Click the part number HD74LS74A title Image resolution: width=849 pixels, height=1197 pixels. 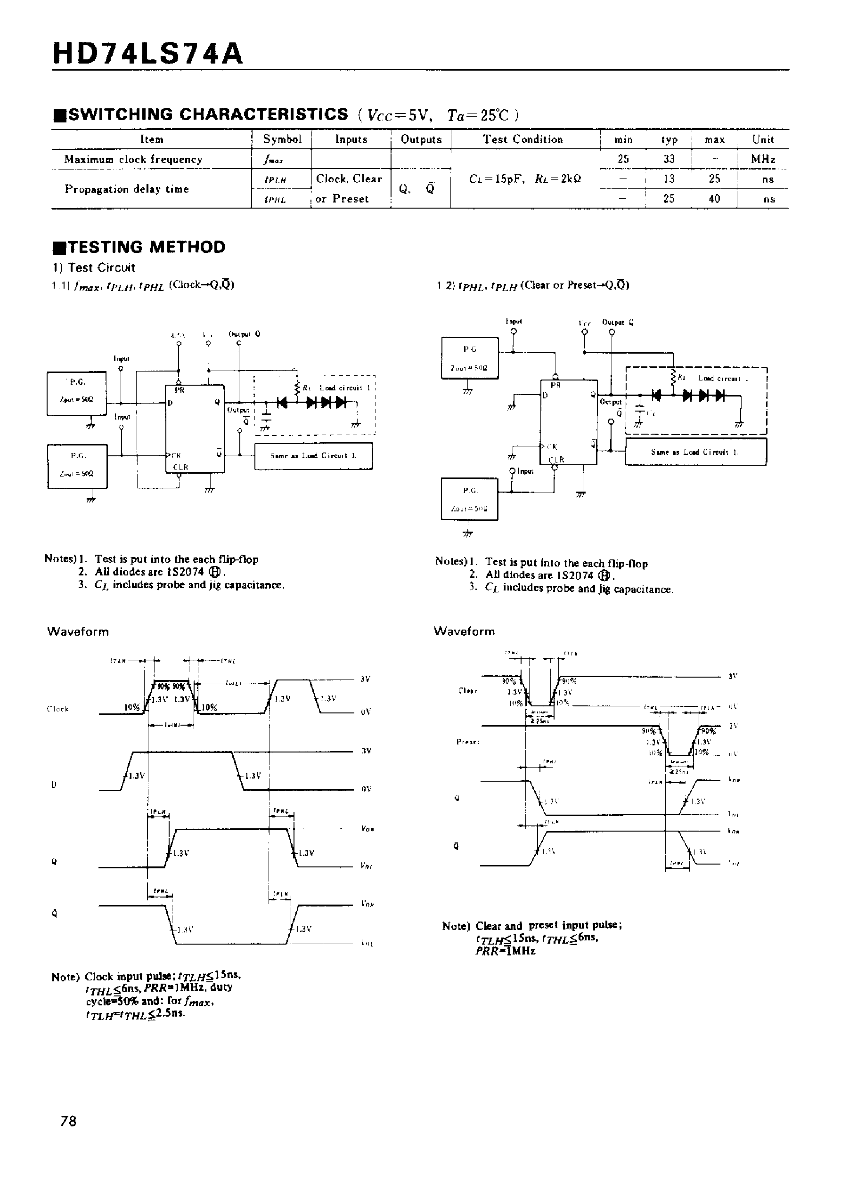tap(148, 54)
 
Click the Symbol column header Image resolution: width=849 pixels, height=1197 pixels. tap(282, 139)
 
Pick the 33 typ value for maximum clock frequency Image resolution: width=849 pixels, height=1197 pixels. tap(669, 159)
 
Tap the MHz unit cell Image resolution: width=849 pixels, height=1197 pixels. tap(763, 159)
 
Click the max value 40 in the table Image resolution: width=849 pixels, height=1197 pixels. tap(714, 199)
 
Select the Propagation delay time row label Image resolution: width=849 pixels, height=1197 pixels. tap(127, 189)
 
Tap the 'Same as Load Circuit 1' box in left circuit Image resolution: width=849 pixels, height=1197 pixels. tap(313, 456)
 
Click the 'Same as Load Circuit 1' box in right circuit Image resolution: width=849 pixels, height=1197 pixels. tap(695, 452)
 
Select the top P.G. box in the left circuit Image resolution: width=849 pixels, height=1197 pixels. tap(77, 393)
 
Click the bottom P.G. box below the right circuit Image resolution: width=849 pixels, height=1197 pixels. tap(469, 499)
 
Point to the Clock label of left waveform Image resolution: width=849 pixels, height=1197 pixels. tap(57, 709)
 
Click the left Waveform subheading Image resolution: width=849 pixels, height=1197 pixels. tap(78, 631)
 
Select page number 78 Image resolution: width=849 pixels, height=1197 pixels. tap(68, 1121)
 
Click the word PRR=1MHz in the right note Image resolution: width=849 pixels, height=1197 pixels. tap(505, 952)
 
